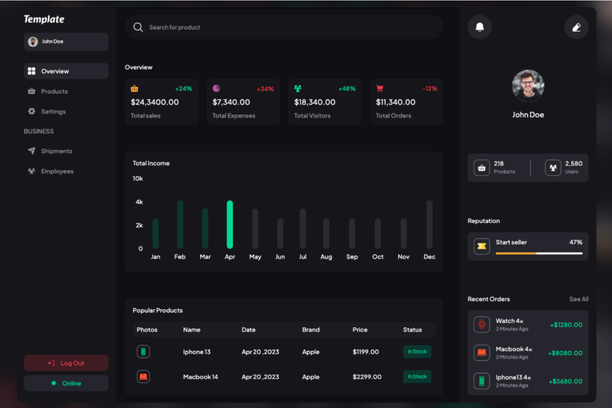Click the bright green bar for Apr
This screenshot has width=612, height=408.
230,224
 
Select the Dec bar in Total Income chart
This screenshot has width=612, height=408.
429,224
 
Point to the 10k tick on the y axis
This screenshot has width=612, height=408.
138,179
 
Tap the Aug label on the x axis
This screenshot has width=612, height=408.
326,257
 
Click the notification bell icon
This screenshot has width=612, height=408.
480,27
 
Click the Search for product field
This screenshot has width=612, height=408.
284,27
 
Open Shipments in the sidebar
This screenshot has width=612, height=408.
57,151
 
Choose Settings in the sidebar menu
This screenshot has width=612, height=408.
53,112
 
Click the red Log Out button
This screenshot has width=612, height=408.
66,363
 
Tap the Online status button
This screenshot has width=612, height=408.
66,383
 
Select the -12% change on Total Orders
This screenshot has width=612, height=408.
430,89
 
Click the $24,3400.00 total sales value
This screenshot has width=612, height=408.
155,102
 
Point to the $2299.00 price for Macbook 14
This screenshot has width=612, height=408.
367,377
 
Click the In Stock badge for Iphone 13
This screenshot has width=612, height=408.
417,352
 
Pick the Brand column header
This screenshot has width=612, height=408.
311,330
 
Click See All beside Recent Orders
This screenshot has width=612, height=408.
579,299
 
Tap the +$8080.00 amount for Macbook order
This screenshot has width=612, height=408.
565,353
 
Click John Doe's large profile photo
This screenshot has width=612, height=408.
528,86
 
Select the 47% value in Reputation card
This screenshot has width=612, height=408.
576,242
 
